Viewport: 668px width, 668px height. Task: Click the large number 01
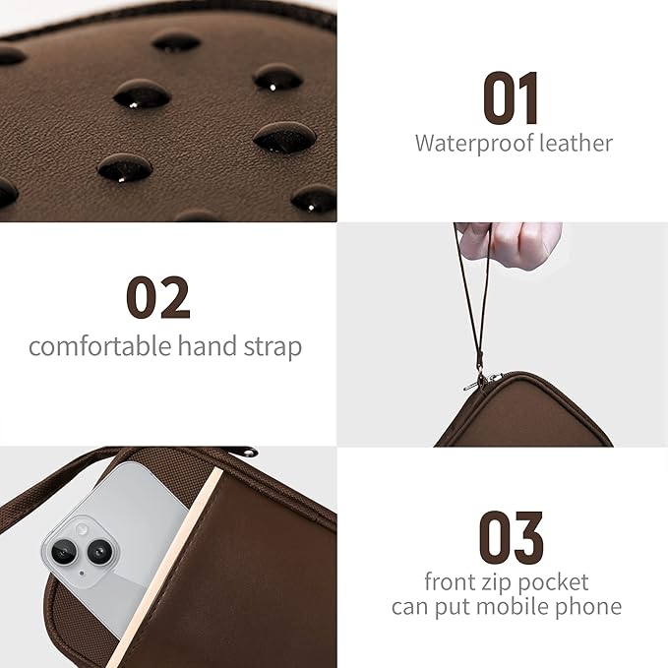[511, 98]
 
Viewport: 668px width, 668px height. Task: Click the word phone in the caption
[588, 606]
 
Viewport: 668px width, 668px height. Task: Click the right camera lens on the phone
[98, 553]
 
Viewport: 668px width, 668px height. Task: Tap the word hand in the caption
[205, 347]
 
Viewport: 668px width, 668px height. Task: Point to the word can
[410, 607]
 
